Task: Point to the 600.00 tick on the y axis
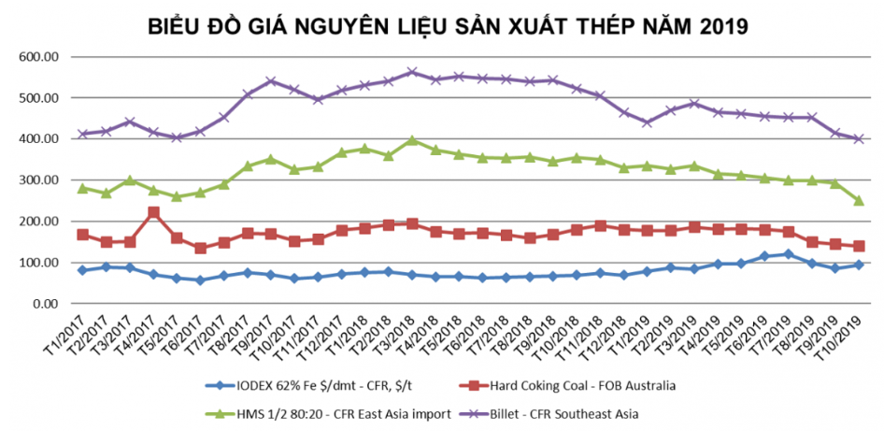40,57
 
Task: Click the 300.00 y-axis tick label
40,180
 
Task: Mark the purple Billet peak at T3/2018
412,72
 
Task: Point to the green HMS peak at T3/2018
412,140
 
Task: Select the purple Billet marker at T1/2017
82,135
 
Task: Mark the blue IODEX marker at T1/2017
82,270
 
